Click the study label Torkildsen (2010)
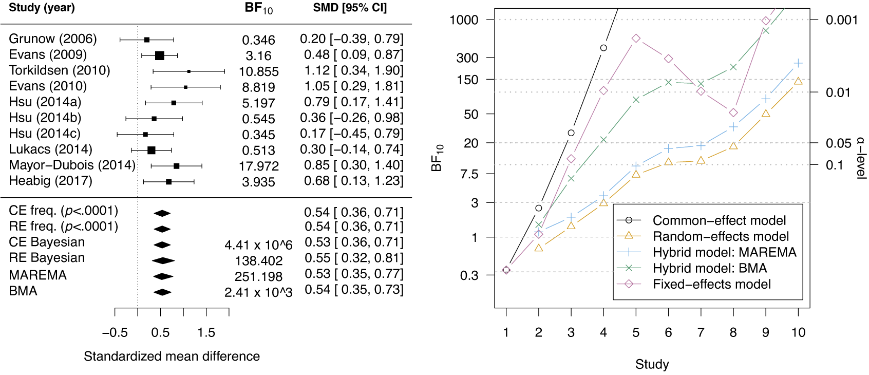click(x=60, y=70)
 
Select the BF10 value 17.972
click(x=259, y=166)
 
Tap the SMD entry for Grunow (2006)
click(x=352, y=39)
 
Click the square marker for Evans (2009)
click(x=160, y=55)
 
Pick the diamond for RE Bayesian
click(x=163, y=260)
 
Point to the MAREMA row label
click(x=38, y=275)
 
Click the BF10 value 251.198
click(x=259, y=277)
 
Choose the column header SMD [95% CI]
click(x=350, y=8)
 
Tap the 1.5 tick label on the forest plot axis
click(x=206, y=333)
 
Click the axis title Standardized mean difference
click(x=172, y=357)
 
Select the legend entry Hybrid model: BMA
click(x=710, y=268)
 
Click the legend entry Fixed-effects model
click(x=711, y=284)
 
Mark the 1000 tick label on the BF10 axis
click(x=464, y=20)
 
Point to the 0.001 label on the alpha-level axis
click(x=841, y=20)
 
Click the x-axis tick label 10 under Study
click(x=798, y=333)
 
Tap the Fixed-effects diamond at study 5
click(x=636, y=39)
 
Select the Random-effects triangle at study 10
click(x=798, y=81)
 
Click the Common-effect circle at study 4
click(x=603, y=48)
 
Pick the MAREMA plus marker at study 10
click(x=798, y=63)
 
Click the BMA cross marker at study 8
click(x=733, y=67)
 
